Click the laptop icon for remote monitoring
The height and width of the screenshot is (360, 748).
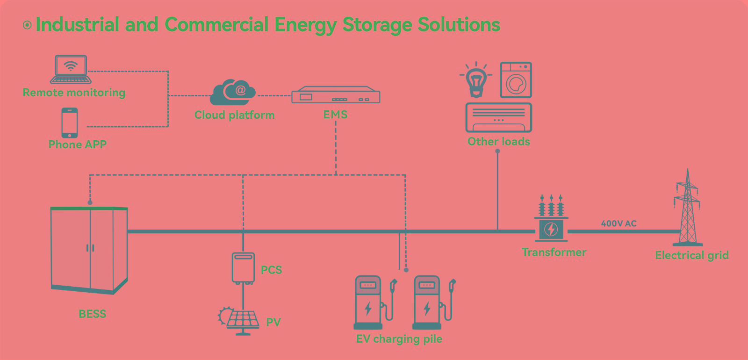pyautogui.click(x=71, y=69)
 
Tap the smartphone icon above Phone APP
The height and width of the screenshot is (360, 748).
pyautogui.click(x=70, y=122)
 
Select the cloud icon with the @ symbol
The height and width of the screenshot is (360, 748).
pyautogui.click(x=233, y=92)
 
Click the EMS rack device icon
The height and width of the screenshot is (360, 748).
pyautogui.click(x=336, y=95)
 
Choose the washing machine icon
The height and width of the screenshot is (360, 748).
pyautogui.click(x=516, y=80)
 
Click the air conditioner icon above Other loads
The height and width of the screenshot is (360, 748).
pyautogui.click(x=499, y=118)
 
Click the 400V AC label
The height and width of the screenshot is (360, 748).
pyautogui.click(x=619, y=223)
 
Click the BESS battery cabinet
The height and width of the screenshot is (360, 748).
pyautogui.click(x=89, y=250)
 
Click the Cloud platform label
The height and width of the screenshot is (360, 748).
pyautogui.click(x=234, y=115)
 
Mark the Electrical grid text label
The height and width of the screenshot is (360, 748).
pyautogui.click(x=691, y=255)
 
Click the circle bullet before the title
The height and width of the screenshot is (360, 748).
pyautogui.click(x=27, y=25)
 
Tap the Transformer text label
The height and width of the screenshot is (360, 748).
pyautogui.click(x=554, y=252)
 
